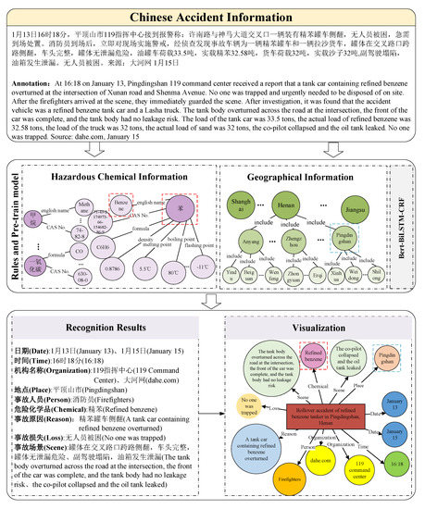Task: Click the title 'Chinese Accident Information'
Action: point(212,18)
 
